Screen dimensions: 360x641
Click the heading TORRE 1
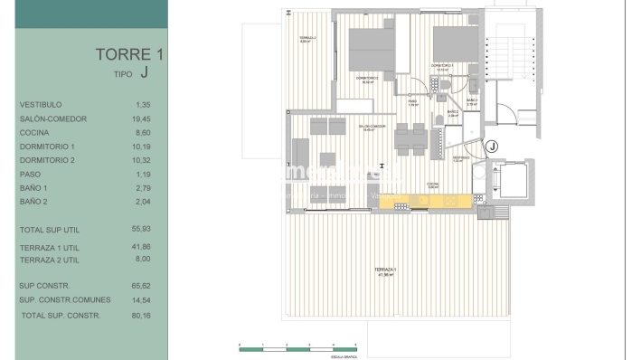(129, 54)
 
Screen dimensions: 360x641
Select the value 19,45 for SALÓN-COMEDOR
(141, 118)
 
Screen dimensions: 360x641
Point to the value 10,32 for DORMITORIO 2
(141, 160)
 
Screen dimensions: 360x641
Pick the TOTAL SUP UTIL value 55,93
(141, 231)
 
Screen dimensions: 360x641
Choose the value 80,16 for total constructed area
(141, 315)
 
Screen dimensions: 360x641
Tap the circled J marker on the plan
(493, 146)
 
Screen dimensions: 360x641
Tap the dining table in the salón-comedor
(410, 137)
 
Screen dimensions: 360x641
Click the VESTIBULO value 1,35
(142, 105)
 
